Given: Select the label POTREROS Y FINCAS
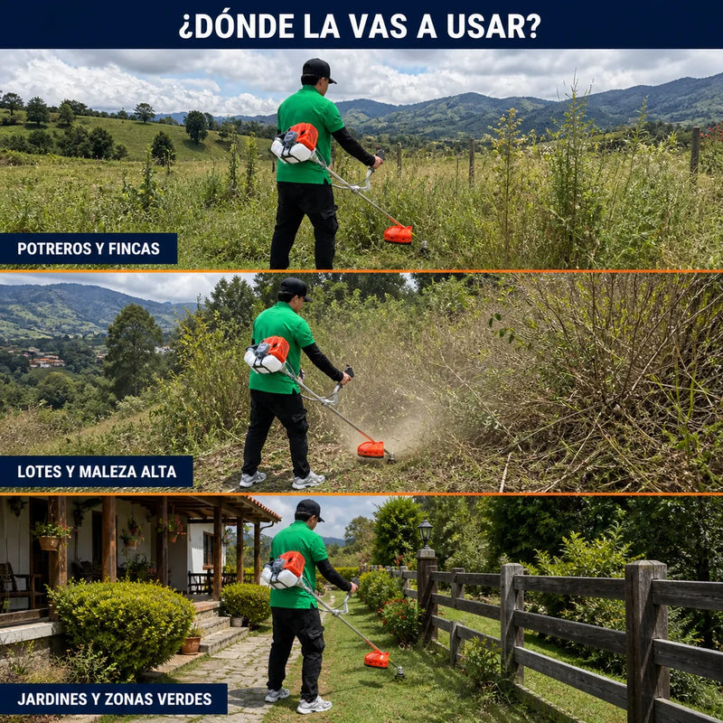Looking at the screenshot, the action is (x=89, y=249).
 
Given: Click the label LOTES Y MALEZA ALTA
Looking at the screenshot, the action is (x=97, y=471).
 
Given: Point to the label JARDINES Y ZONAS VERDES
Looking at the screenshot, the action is (x=115, y=699).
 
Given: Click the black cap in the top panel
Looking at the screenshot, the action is (x=319, y=70).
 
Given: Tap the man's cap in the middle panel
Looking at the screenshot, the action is (x=295, y=288).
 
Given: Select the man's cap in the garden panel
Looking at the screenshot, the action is (x=310, y=510).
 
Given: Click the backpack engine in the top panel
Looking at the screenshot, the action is (x=296, y=143).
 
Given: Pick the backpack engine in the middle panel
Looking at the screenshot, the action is (x=267, y=354).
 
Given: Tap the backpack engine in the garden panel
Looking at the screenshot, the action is (x=283, y=570).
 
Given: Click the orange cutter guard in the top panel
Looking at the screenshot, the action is (x=398, y=234).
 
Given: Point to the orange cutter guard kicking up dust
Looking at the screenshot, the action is (x=371, y=449).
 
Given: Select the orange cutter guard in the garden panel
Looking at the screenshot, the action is (x=377, y=660).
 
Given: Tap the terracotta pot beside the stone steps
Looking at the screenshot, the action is (x=191, y=644).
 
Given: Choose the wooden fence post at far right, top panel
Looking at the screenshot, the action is (x=695, y=150).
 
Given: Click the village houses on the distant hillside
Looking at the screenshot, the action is (x=43, y=358).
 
